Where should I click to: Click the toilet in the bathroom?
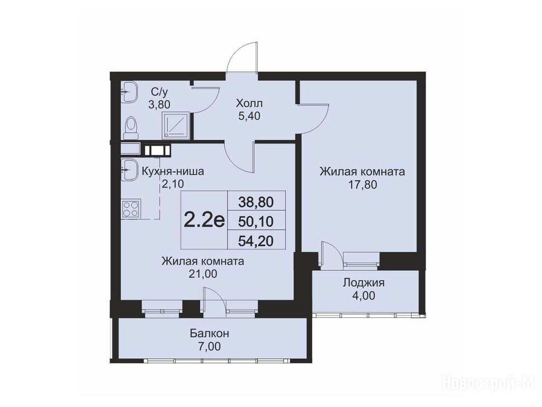click(x=131, y=127)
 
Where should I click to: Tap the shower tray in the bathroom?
click(x=176, y=125)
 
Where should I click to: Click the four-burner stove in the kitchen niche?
click(x=130, y=209)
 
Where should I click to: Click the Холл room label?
click(x=249, y=103)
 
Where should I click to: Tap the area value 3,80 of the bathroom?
click(x=159, y=104)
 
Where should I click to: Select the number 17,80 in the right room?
click(x=362, y=185)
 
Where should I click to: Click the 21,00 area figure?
click(x=203, y=274)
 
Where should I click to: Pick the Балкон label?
click(x=210, y=334)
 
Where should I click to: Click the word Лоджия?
click(x=364, y=283)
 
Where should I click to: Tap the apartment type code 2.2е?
click(x=204, y=219)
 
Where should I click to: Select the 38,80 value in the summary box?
click(x=256, y=202)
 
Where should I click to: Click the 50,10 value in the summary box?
click(x=256, y=222)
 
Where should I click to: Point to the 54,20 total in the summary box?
click(x=256, y=241)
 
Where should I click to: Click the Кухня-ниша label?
click(x=173, y=171)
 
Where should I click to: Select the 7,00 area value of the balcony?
click(x=210, y=346)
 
